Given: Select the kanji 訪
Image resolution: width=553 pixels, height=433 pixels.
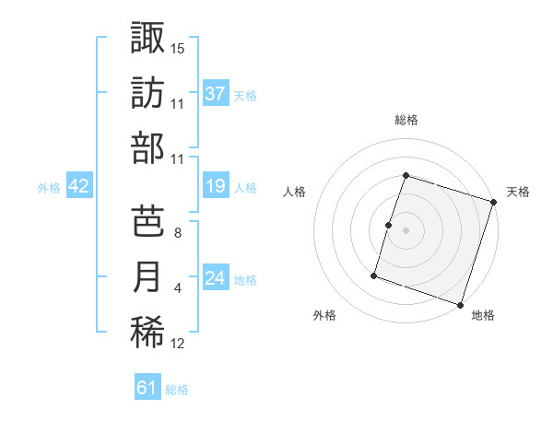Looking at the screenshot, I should (147, 92).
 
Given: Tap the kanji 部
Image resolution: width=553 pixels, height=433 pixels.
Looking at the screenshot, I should (147, 147).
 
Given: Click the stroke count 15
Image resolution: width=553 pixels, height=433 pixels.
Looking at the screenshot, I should (178, 48).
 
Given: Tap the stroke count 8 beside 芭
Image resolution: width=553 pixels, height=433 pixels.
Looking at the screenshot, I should (178, 232).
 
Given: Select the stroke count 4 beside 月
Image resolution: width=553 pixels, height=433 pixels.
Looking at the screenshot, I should (178, 288).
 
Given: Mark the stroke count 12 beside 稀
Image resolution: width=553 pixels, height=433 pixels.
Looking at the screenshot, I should (178, 344).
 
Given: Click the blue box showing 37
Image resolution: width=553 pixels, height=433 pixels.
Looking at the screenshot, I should (215, 93).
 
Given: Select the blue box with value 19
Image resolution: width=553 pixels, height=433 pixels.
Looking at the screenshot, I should (215, 187).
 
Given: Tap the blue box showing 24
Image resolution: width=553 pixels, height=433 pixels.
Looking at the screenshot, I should (215, 279).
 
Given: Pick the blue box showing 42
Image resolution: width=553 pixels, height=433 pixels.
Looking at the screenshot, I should (79, 187).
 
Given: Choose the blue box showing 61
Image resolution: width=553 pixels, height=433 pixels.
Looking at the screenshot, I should (147, 388).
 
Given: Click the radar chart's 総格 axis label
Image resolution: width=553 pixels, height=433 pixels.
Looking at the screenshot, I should (406, 120).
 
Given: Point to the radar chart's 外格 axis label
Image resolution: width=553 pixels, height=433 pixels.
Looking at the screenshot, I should (324, 315).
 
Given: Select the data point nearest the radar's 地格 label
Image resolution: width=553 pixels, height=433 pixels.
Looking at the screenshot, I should (461, 304).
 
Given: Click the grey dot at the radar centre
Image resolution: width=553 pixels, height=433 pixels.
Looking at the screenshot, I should (406, 230).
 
